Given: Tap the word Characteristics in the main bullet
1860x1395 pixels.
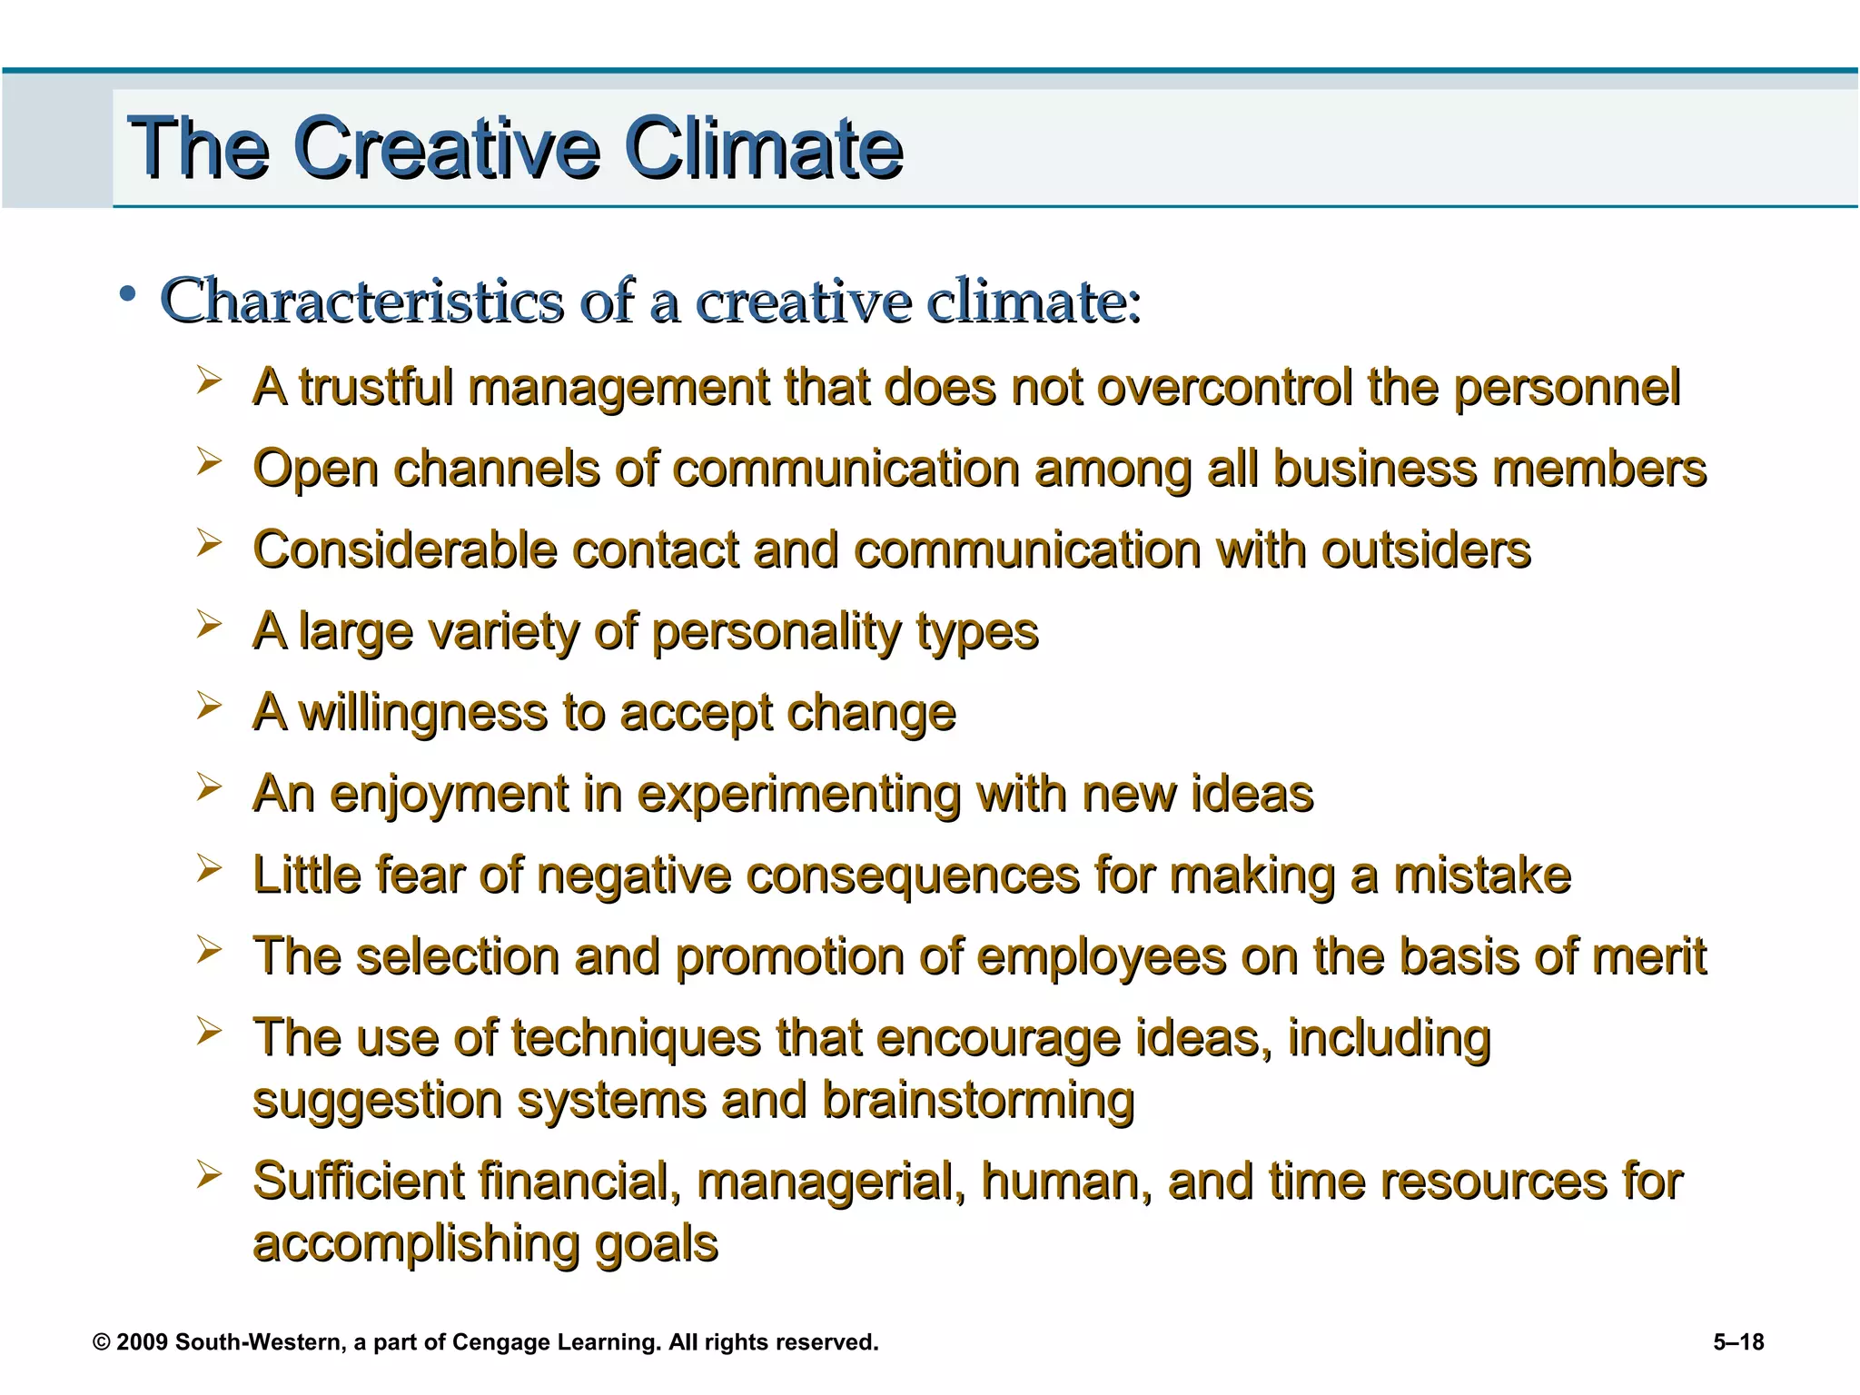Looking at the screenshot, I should point(361,301).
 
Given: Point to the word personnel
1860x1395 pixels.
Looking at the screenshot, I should point(1568,388).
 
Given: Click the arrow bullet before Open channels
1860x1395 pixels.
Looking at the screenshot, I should point(209,461).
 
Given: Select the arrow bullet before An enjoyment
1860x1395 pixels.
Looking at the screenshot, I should point(209,787).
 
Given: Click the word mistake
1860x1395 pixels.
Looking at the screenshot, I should point(1482,876).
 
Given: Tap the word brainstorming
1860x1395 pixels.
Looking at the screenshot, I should point(978,1101).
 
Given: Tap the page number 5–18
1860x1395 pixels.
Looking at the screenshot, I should point(1738,1342).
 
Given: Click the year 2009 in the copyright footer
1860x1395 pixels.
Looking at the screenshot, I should point(143,1342).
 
